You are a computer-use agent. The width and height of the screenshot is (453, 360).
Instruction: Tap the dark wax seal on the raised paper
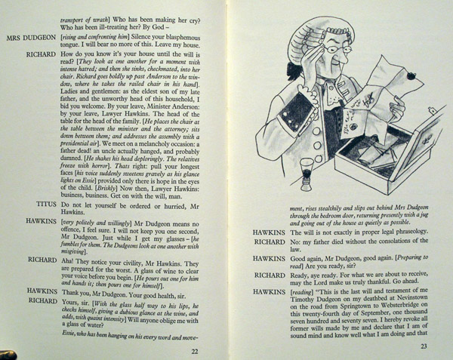(x=409, y=75)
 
